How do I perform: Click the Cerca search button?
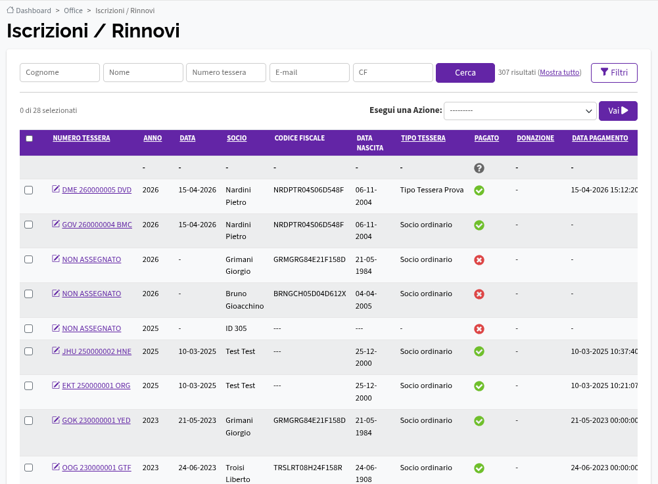(x=465, y=72)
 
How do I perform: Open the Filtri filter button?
(x=614, y=72)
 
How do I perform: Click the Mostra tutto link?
(x=559, y=72)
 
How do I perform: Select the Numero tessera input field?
(x=225, y=72)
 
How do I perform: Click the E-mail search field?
(x=309, y=72)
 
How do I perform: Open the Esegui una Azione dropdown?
(x=520, y=111)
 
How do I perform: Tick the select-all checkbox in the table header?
(x=29, y=139)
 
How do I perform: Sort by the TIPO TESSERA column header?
(x=423, y=138)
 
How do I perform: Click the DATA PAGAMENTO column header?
(x=599, y=138)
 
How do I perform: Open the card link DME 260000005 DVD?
(x=97, y=190)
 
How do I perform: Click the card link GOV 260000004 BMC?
(x=97, y=225)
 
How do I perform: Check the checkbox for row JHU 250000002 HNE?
(x=28, y=351)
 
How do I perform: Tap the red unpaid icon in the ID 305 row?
(x=479, y=329)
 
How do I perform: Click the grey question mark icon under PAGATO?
(x=479, y=168)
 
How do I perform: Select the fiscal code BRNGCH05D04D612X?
(x=310, y=294)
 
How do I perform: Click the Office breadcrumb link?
(x=73, y=11)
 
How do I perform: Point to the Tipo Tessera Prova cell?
(x=432, y=190)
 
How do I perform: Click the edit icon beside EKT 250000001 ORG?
(x=56, y=385)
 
